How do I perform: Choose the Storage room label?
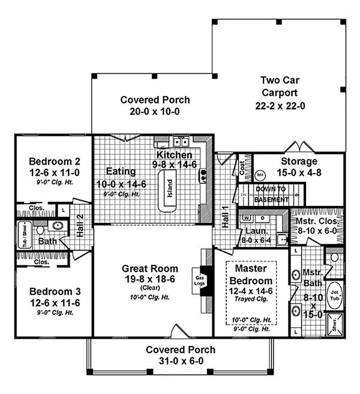pyautogui.click(x=299, y=162)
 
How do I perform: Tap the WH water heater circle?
pyautogui.click(x=260, y=175)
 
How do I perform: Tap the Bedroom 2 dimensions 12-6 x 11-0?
pyautogui.click(x=52, y=172)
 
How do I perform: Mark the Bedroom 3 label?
pyautogui.click(x=52, y=291)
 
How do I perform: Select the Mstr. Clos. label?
pyautogui.click(x=317, y=222)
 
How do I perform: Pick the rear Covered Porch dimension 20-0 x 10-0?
pyautogui.click(x=155, y=111)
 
